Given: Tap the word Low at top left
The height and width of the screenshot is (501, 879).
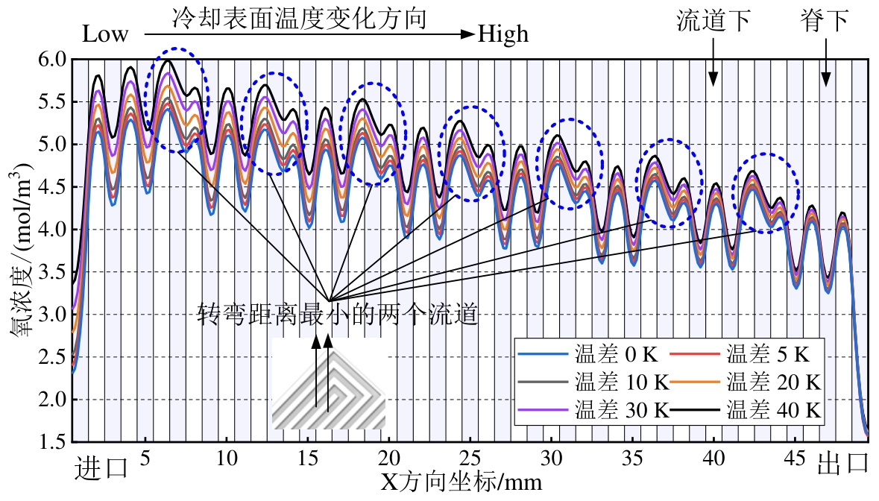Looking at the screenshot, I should [104, 34].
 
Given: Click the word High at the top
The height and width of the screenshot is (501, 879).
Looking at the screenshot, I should [503, 34].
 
